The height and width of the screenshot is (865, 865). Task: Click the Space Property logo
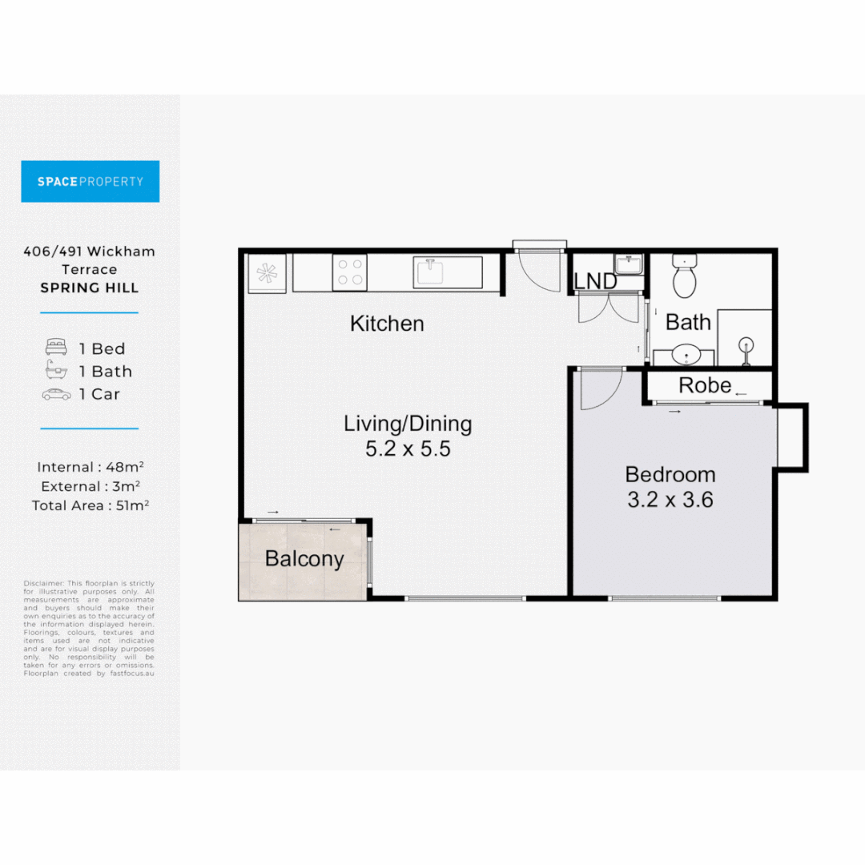point(90,181)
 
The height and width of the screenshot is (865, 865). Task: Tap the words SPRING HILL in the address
point(90,288)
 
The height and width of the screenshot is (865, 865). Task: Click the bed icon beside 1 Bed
point(56,348)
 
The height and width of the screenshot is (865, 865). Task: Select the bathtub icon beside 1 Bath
point(56,371)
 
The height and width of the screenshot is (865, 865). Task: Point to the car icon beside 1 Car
point(56,394)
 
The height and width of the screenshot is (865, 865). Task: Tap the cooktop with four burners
point(349,272)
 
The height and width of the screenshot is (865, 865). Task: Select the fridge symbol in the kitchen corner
point(265,272)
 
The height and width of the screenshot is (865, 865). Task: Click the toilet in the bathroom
point(685,276)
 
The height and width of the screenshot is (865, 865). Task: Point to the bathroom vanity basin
point(683,354)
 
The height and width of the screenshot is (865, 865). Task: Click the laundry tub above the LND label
point(628,264)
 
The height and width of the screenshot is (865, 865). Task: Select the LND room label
point(595,282)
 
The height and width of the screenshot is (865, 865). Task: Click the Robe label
point(705,385)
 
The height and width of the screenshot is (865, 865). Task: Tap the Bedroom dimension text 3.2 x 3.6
point(670,501)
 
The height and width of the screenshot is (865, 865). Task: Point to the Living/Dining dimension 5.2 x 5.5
point(408,449)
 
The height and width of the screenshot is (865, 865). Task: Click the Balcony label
point(304,559)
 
